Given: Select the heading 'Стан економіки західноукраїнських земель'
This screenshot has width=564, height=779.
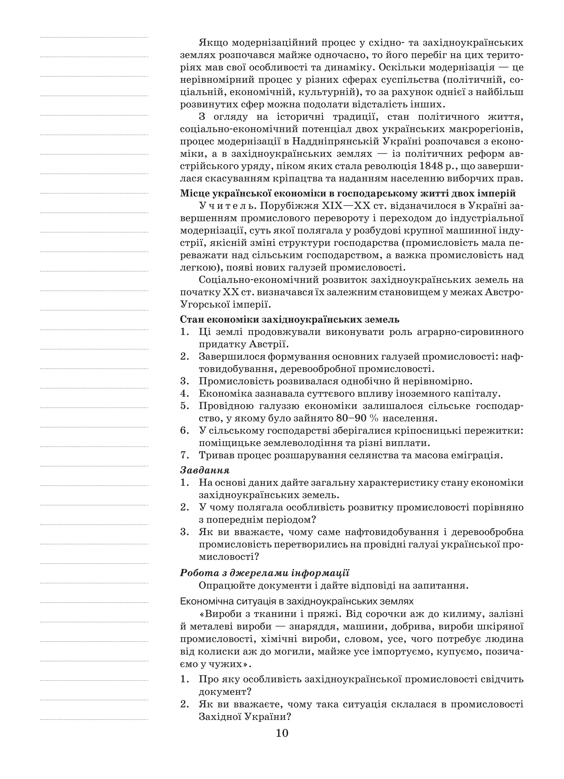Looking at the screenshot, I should coord(289,320).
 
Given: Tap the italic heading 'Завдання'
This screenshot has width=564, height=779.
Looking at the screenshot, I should coord(205,470).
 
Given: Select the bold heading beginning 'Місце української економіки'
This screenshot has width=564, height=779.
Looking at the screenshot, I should coord(348,193).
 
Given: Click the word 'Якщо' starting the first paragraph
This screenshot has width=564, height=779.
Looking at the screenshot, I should coord(213,43).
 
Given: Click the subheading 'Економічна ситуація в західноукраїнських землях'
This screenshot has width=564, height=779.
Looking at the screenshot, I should coord(297,601).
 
